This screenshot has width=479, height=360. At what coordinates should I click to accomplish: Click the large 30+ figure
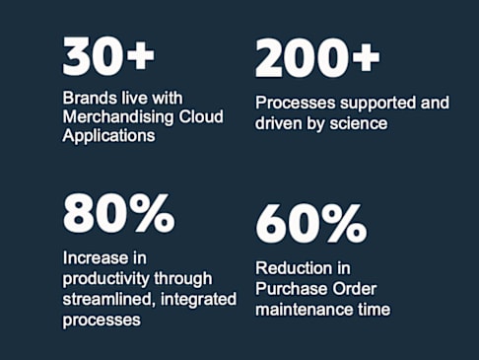pyautogui.click(x=108, y=55)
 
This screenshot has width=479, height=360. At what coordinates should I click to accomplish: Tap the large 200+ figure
pyautogui.click(x=317, y=58)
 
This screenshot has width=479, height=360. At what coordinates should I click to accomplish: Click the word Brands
pyautogui.click(x=90, y=98)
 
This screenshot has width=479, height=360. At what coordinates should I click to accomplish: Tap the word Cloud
pyautogui.click(x=201, y=116)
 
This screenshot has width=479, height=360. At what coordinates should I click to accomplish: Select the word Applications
pyautogui.click(x=108, y=136)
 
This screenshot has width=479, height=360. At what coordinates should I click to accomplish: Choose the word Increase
pyautogui.click(x=93, y=257)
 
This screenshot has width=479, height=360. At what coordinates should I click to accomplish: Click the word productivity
pyautogui.click(x=105, y=279)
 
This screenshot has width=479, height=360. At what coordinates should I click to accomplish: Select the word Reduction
pyautogui.click(x=289, y=268)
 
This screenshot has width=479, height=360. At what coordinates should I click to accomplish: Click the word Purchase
pyautogui.click(x=291, y=289)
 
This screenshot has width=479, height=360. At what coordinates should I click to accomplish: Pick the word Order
pyautogui.click(x=354, y=289)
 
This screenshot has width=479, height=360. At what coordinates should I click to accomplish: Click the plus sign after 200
pyautogui.click(x=366, y=58)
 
